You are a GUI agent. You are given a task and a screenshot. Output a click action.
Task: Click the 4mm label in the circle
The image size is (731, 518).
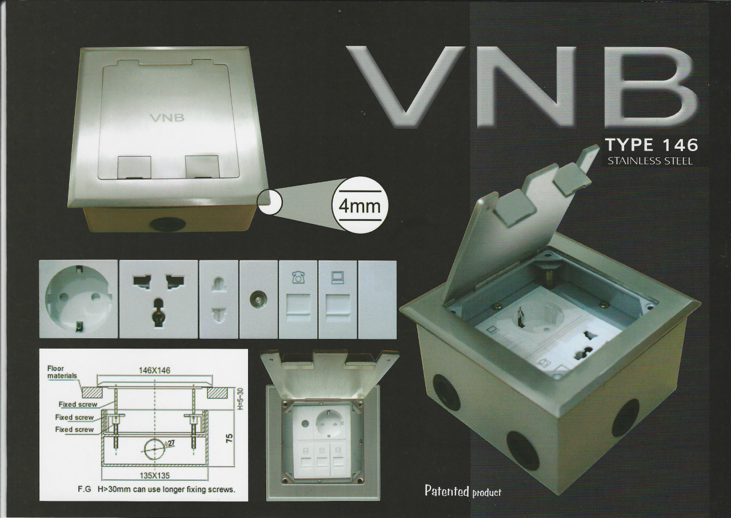[x=359, y=207]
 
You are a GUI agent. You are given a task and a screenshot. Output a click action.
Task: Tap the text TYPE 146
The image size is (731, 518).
[x=652, y=145]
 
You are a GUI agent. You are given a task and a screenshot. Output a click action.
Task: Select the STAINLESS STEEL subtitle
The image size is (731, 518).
[x=650, y=161]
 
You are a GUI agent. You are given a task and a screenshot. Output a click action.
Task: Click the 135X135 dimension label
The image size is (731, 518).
[x=155, y=475]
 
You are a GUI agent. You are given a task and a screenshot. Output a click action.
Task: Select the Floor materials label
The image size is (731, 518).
[x=62, y=372]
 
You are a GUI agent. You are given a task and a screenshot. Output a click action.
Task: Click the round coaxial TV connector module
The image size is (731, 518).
[x=258, y=299]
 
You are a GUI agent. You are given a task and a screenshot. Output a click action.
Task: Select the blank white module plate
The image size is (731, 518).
[x=377, y=299]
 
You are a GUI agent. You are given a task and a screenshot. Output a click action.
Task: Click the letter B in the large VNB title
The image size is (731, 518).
[x=650, y=86]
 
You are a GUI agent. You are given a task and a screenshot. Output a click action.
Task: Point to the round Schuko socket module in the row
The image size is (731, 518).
[x=78, y=299]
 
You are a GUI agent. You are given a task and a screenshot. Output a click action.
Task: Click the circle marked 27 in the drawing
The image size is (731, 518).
[x=154, y=450]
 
